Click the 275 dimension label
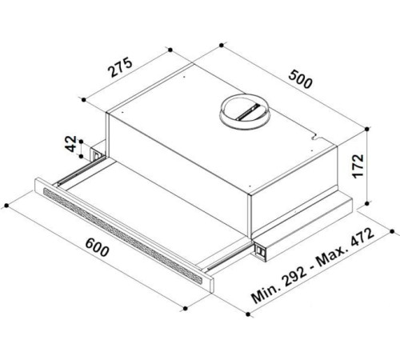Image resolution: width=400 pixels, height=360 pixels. (x=120, y=66)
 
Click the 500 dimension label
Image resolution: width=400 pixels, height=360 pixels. (x=300, y=79)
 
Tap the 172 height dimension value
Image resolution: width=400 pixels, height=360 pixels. (x=358, y=166)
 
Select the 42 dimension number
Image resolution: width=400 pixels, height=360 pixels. (x=71, y=144)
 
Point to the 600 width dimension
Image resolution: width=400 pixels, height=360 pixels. (x=97, y=247)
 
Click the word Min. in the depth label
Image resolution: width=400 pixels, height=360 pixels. (x=266, y=292)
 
